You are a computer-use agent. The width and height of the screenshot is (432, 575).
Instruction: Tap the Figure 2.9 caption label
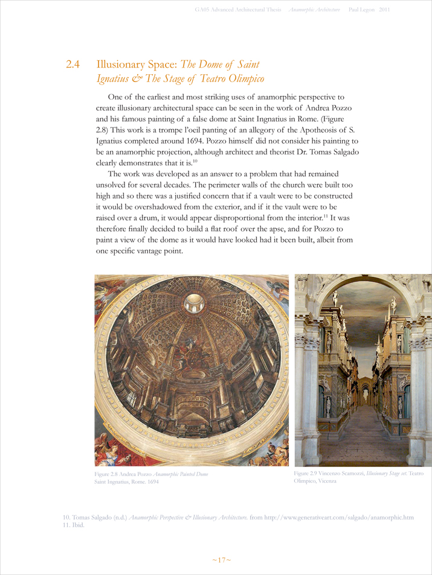pyautogui.click(x=308, y=474)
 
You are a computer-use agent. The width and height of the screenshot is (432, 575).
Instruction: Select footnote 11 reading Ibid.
pyautogui.click(x=73, y=525)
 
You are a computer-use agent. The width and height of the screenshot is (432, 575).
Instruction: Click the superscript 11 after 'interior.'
pyautogui.click(x=325, y=214)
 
